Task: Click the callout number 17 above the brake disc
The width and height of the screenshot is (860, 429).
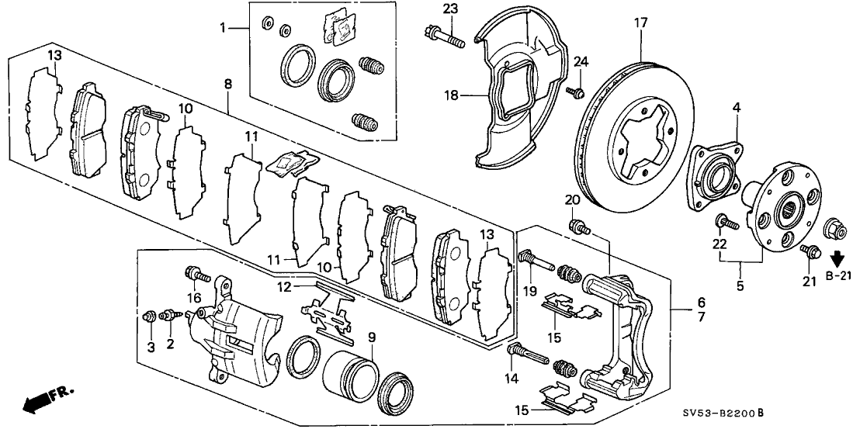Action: [640, 23]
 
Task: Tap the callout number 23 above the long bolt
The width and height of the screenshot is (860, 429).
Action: [450, 9]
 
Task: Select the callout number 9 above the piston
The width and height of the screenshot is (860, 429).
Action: [372, 338]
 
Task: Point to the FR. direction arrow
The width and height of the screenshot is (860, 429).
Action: [47, 399]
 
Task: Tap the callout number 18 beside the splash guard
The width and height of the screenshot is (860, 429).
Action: [451, 95]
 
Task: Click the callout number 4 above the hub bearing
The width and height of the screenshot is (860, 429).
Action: [736, 108]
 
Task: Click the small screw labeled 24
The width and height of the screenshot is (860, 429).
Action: [577, 94]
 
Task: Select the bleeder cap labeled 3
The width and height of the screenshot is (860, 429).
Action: [148, 317]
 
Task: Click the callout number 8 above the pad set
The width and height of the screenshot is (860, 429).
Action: [227, 84]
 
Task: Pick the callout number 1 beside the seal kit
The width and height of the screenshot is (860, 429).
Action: [224, 27]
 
